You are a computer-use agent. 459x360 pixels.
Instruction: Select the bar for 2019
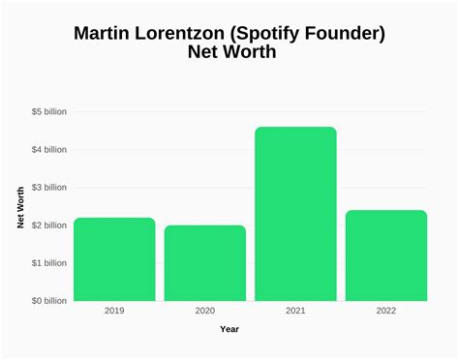(x=114, y=259)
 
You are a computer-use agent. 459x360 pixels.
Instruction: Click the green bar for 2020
(x=204, y=263)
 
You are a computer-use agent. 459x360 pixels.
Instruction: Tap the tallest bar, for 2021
(x=295, y=214)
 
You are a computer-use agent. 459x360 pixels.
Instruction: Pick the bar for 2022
(x=386, y=255)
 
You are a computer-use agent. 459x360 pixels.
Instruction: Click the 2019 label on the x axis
(x=114, y=312)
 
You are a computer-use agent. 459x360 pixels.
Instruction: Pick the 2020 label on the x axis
(x=204, y=312)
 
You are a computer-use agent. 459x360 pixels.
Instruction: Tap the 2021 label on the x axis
(x=295, y=312)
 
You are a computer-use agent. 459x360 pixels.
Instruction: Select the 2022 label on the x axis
(x=386, y=312)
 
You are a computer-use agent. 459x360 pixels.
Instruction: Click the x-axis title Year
(x=229, y=330)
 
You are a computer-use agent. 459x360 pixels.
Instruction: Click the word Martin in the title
(x=107, y=34)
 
